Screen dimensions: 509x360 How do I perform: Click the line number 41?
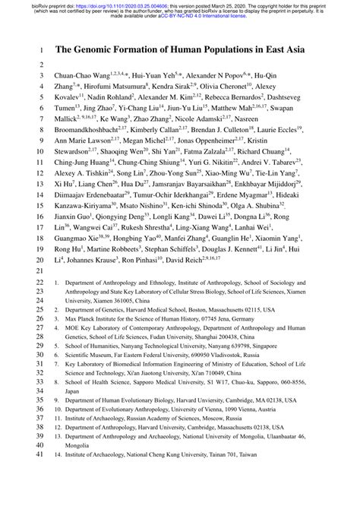(41, 499)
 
